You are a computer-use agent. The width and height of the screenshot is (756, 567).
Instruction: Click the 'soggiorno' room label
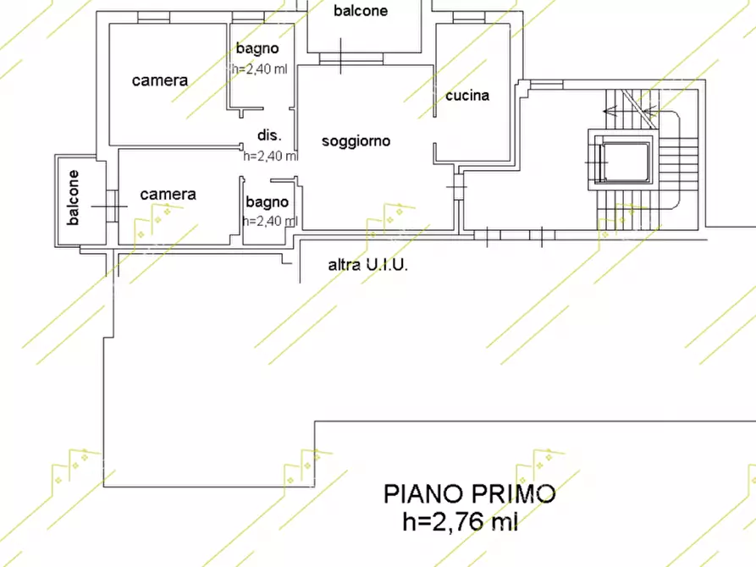tap(356, 141)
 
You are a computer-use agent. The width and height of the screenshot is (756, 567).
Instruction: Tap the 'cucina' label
tap(467, 96)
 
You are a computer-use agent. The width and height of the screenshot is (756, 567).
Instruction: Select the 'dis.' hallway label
tap(269, 135)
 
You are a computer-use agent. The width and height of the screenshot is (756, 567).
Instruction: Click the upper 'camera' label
tap(160, 80)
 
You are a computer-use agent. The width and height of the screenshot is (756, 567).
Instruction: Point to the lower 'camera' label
tap(168, 194)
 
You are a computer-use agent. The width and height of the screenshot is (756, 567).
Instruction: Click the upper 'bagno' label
tap(257, 48)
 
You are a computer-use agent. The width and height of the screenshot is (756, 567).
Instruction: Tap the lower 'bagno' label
tap(268, 201)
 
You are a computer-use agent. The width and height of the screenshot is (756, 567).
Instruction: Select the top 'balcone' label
tap(361, 11)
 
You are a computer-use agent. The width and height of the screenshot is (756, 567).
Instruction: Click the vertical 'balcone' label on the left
tap(74, 198)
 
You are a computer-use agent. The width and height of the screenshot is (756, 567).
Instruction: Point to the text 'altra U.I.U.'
tap(368, 265)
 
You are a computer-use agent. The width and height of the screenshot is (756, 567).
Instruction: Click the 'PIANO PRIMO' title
tap(470, 493)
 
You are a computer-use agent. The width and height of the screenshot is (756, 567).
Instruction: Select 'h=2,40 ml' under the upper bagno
tap(261, 69)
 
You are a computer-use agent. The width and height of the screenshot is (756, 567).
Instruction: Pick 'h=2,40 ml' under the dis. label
tap(270, 156)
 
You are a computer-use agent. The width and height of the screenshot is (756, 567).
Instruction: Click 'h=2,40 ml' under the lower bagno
tap(269, 221)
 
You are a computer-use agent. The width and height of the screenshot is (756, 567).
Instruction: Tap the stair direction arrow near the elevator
tap(631, 108)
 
